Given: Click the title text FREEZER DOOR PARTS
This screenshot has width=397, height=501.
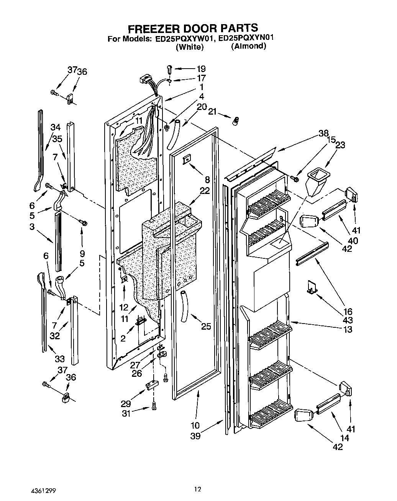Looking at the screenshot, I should [192, 28].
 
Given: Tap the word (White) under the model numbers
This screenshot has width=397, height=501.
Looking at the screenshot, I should [189, 47].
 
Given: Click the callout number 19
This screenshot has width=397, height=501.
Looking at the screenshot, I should [201, 69].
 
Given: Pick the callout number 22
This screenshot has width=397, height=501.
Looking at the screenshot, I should [205, 191].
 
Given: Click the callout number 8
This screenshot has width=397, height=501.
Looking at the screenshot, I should [207, 179].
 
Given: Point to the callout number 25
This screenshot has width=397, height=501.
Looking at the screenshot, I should [206, 326].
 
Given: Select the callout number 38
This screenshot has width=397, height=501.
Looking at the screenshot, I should [323, 133].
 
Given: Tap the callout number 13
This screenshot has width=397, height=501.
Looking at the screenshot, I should [348, 329].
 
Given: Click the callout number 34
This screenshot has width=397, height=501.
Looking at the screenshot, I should [56, 127].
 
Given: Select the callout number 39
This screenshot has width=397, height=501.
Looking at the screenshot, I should [195, 436].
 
